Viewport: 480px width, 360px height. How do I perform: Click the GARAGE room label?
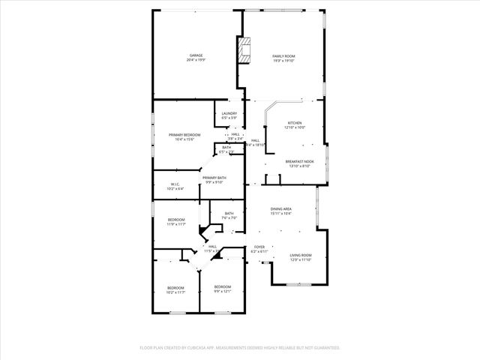(196, 55)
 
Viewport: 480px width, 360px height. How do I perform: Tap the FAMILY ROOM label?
(283, 56)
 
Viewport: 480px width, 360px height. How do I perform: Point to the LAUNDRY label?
(229, 113)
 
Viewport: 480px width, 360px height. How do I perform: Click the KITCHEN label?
(295, 123)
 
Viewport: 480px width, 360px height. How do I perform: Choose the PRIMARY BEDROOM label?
(184, 134)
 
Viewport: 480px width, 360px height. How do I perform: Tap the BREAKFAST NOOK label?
(299, 161)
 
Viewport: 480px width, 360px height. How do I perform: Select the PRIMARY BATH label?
(214, 178)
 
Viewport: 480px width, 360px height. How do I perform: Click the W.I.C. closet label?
(174, 184)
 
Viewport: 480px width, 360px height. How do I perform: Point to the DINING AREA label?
(281, 209)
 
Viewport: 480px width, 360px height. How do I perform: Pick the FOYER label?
(259, 247)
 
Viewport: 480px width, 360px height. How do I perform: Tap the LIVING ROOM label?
(301, 256)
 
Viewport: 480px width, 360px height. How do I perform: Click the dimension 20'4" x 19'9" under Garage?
(196, 60)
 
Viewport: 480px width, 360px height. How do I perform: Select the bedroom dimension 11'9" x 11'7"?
(176, 224)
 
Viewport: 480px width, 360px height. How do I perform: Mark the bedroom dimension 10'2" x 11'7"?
(175, 292)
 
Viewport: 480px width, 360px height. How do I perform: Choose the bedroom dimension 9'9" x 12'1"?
(222, 292)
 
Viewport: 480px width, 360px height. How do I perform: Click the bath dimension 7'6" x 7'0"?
(229, 218)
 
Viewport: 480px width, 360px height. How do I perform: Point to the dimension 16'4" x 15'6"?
(184, 139)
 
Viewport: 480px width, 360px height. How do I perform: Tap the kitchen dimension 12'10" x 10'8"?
(295, 128)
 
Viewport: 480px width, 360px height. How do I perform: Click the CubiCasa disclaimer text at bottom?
(240, 348)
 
